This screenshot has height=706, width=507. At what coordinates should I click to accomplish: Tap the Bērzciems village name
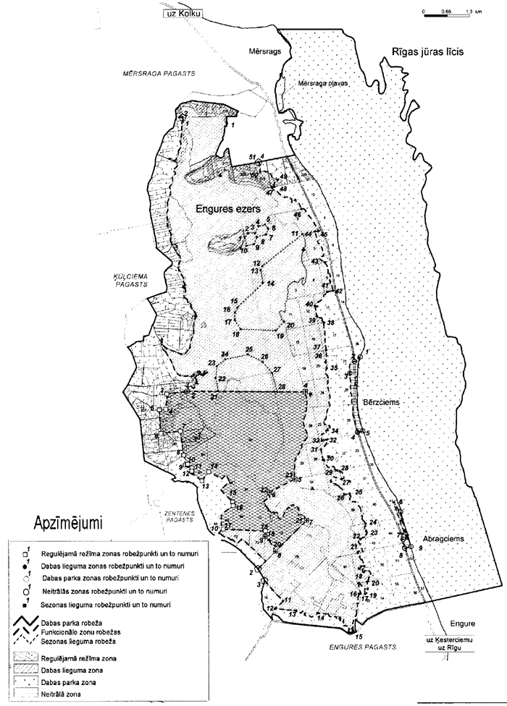coord(380,402)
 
